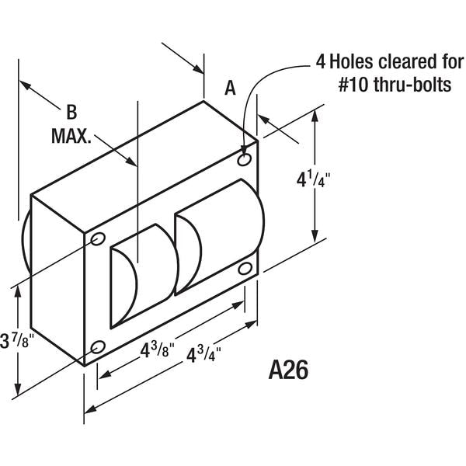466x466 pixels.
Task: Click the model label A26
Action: point(288,370)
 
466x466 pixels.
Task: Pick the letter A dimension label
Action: point(230,89)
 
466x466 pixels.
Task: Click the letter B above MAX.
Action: point(71,113)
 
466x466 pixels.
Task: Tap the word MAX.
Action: point(71,136)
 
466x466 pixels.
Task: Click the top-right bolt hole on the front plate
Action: point(244,160)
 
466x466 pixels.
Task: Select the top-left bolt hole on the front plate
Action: point(98,238)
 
